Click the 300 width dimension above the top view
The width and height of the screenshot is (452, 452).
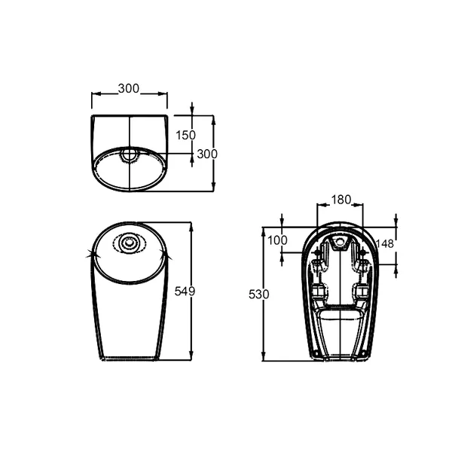pos(130,89)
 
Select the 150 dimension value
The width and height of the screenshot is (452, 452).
pos(186,135)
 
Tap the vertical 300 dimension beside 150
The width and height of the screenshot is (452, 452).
pos(207,153)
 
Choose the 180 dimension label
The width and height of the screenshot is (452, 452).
pos(341,200)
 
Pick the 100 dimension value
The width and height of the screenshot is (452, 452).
pos(278,240)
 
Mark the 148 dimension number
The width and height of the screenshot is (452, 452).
pos(384,243)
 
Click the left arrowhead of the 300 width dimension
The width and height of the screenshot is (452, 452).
pos(94,94)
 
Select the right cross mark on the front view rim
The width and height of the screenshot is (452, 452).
pos(173,257)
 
